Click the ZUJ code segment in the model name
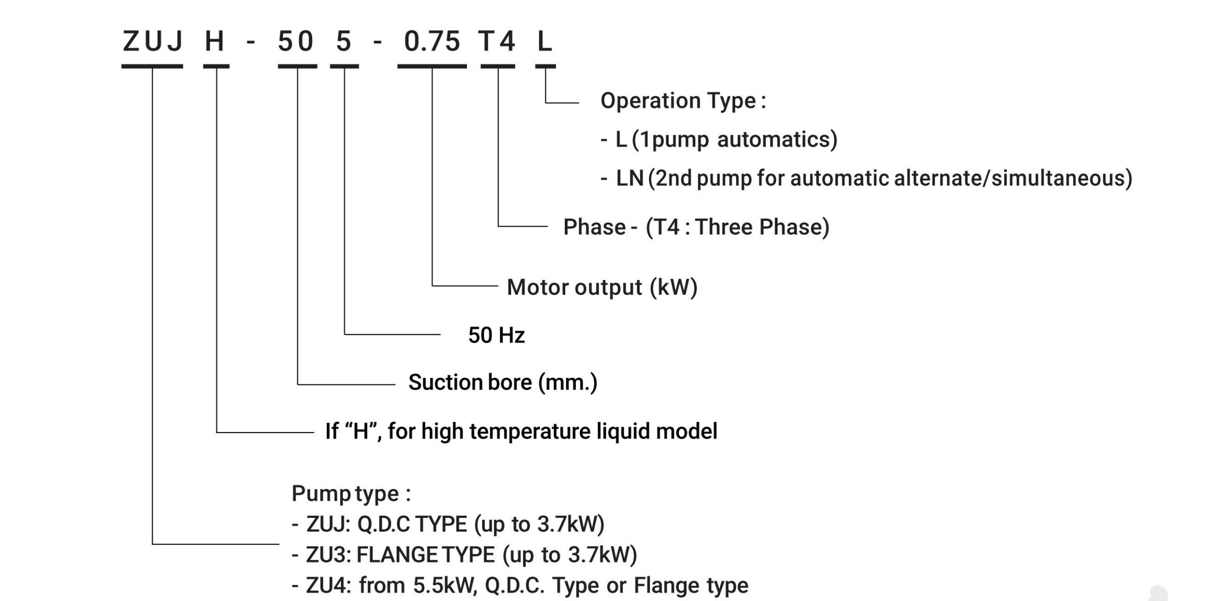[152, 41]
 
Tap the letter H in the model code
[214, 41]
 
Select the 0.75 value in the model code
[432, 41]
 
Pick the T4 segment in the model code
[497, 41]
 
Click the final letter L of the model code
[545, 41]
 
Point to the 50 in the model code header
[295, 41]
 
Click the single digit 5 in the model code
[343, 41]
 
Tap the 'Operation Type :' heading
[683, 101]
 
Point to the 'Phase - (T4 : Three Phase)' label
[696, 227]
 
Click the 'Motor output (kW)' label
[602, 288]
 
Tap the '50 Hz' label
[496, 336]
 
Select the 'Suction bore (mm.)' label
[503, 383]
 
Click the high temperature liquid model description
[521, 432]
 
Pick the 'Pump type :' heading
[351, 494]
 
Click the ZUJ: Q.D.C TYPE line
[448, 525]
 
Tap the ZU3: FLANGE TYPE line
[465, 555]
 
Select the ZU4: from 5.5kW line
[520, 586]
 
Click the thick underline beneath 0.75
[432, 66]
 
